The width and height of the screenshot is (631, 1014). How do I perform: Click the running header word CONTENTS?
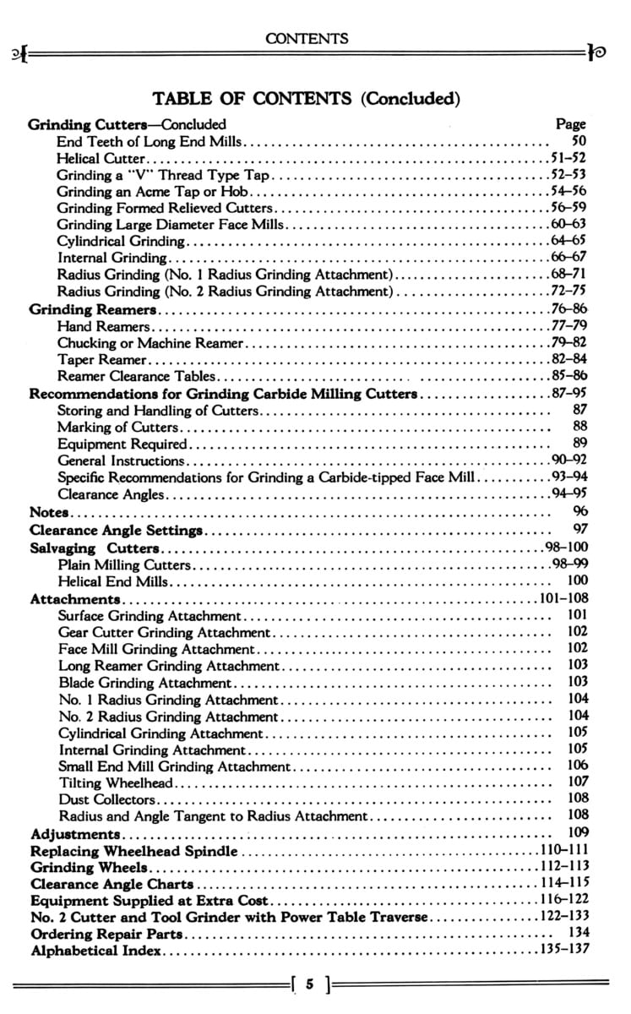pyautogui.click(x=307, y=38)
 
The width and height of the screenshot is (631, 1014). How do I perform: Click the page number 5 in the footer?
pyautogui.click(x=311, y=984)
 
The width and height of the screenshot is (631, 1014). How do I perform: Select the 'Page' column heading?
pyautogui.click(x=571, y=123)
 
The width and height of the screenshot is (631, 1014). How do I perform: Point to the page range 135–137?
pyautogui.click(x=563, y=950)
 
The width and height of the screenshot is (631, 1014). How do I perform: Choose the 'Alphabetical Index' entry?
pyautogui.click(x=96, y=951)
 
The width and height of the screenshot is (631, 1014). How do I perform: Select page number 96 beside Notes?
pyautogui.click(x=579, y=511)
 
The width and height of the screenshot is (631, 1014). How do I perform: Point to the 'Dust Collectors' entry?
pyautogui.click(x=107, y=799)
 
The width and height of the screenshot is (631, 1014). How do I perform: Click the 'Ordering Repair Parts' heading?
pyautogui.click(x=106, y=934)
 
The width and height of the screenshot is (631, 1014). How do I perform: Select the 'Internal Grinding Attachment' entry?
pyautogui.click(x=152, y=750)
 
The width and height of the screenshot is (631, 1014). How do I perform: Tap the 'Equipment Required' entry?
pyautogui.click(x=122, y=443)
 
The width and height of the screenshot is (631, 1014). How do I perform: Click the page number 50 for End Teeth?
pyautogui.click(x=579, y=141)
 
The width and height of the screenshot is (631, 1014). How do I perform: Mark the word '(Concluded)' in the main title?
pyautogui.click(x=410, y=99)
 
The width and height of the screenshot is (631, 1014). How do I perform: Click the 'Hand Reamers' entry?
pyautogui.click(x=104, y=325)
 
